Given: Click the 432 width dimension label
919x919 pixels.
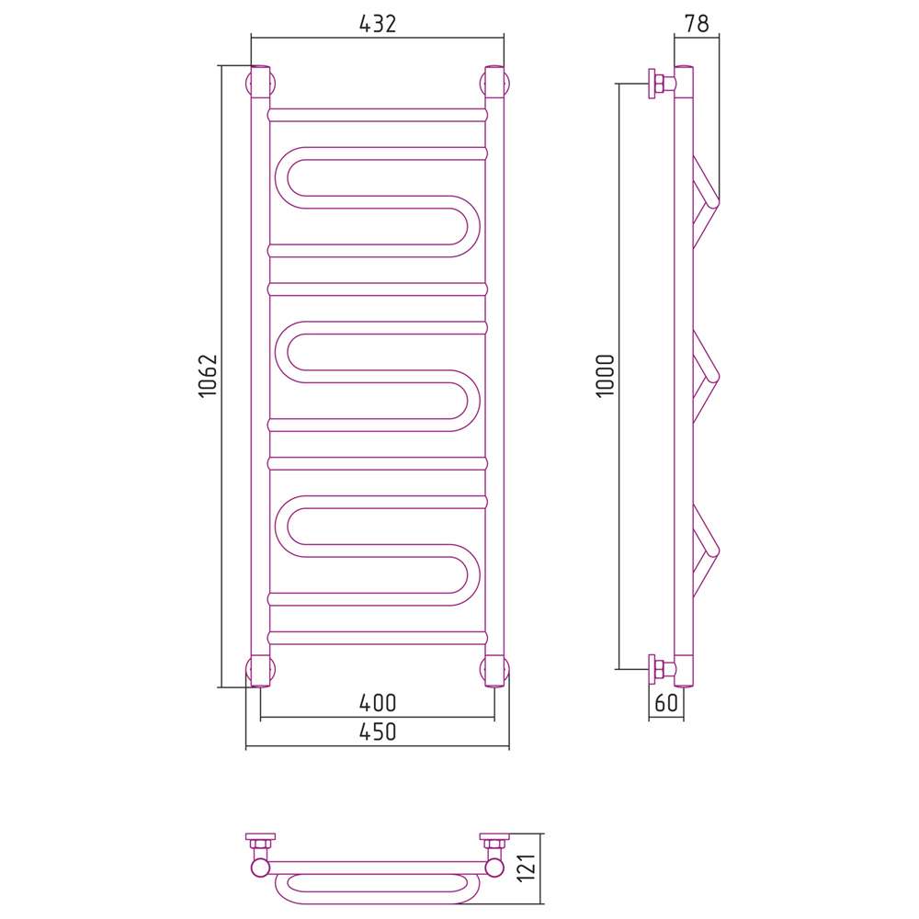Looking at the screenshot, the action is pos(378,24).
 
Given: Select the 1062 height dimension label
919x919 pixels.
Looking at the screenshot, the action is pos(209,376).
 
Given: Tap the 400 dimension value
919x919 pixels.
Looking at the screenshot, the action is pos(378,703).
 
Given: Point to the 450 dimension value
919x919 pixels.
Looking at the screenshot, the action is pos(378,732).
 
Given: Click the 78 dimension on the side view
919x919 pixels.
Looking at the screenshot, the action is pos(697,24).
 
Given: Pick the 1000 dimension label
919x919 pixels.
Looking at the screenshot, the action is pos(606,376).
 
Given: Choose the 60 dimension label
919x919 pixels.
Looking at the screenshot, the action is pos(665,702).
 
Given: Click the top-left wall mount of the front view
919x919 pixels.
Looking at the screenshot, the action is pos(260,83).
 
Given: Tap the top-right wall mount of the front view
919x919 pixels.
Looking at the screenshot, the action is pos(494,83).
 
